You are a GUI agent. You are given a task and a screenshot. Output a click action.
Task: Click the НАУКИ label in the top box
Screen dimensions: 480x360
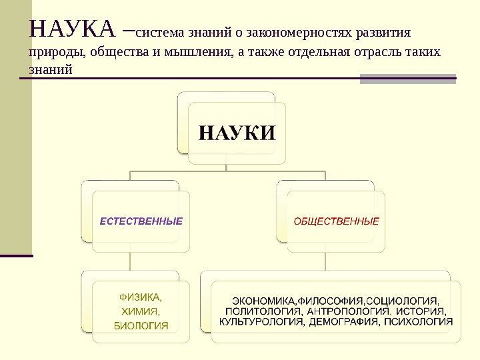[237, 131]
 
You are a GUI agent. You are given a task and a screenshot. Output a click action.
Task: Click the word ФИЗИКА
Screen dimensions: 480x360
[140, 297]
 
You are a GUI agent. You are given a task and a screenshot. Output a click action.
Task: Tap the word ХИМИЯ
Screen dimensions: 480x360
[140, 311]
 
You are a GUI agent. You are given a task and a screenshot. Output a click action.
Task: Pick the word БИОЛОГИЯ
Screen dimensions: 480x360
[141, 325]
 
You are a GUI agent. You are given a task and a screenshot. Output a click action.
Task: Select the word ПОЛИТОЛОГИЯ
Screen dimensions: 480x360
[263, 311]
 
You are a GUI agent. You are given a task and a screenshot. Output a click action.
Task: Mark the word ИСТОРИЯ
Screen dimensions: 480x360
[421, 311]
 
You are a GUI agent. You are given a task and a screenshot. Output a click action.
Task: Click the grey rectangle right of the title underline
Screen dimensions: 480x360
[407, 79]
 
